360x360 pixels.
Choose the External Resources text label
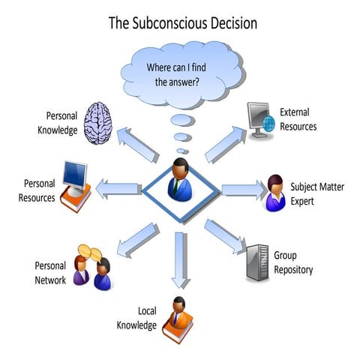click(x=298, y=120)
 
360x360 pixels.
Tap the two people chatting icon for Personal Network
click(x=93, y=267)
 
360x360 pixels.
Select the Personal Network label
click(x=50, y=273)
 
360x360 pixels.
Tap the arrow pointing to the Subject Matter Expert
click(x=241, y=188)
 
